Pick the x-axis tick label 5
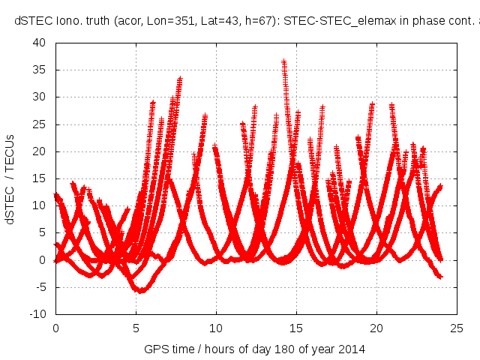[136, 328]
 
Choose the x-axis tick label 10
[216, 328]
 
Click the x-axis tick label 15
[296, 328]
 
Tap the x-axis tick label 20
[376, 328]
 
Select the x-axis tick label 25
[457, 328]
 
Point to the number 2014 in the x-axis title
[352, 349]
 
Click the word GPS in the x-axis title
[155, 349]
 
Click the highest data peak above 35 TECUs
[284, 62]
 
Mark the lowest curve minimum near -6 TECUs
[139, 291]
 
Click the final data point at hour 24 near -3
[441, 277]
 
